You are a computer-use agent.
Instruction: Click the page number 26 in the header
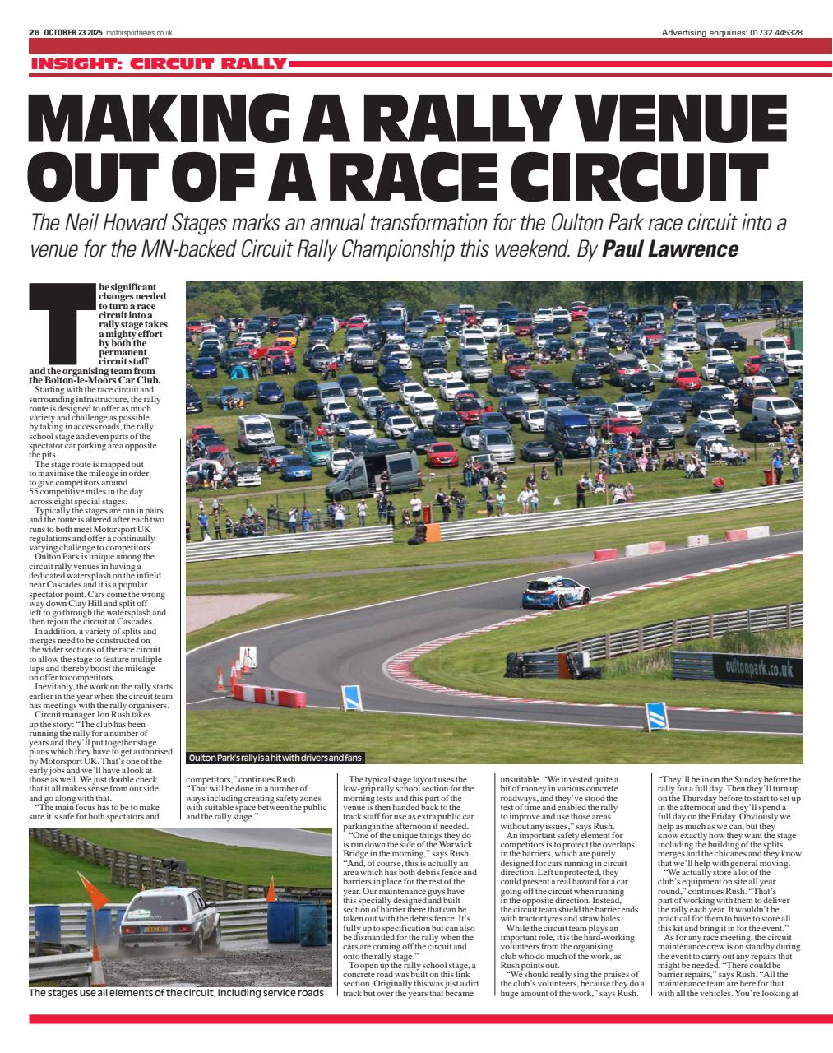tap(34, 33)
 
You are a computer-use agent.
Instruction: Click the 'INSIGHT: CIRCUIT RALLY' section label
tap(159, 63)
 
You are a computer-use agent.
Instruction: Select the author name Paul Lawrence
tap(670, 248)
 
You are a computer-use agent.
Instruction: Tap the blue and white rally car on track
tap(556, 592)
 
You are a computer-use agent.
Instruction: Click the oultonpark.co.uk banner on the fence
tap(758, 668)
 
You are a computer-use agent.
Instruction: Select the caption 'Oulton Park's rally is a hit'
tap(275, 758)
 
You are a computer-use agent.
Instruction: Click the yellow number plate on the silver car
tap(155, 929)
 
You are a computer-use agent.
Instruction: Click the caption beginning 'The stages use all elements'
tap(176, 993)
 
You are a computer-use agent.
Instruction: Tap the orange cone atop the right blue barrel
tap(271, 889)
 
